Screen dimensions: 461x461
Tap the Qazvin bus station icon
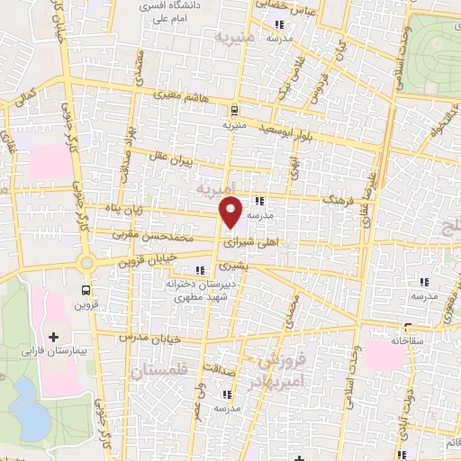tap(86, 290)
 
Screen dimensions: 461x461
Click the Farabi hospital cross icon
tap(55, 336)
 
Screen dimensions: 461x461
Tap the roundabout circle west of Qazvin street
tap(86, 263)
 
